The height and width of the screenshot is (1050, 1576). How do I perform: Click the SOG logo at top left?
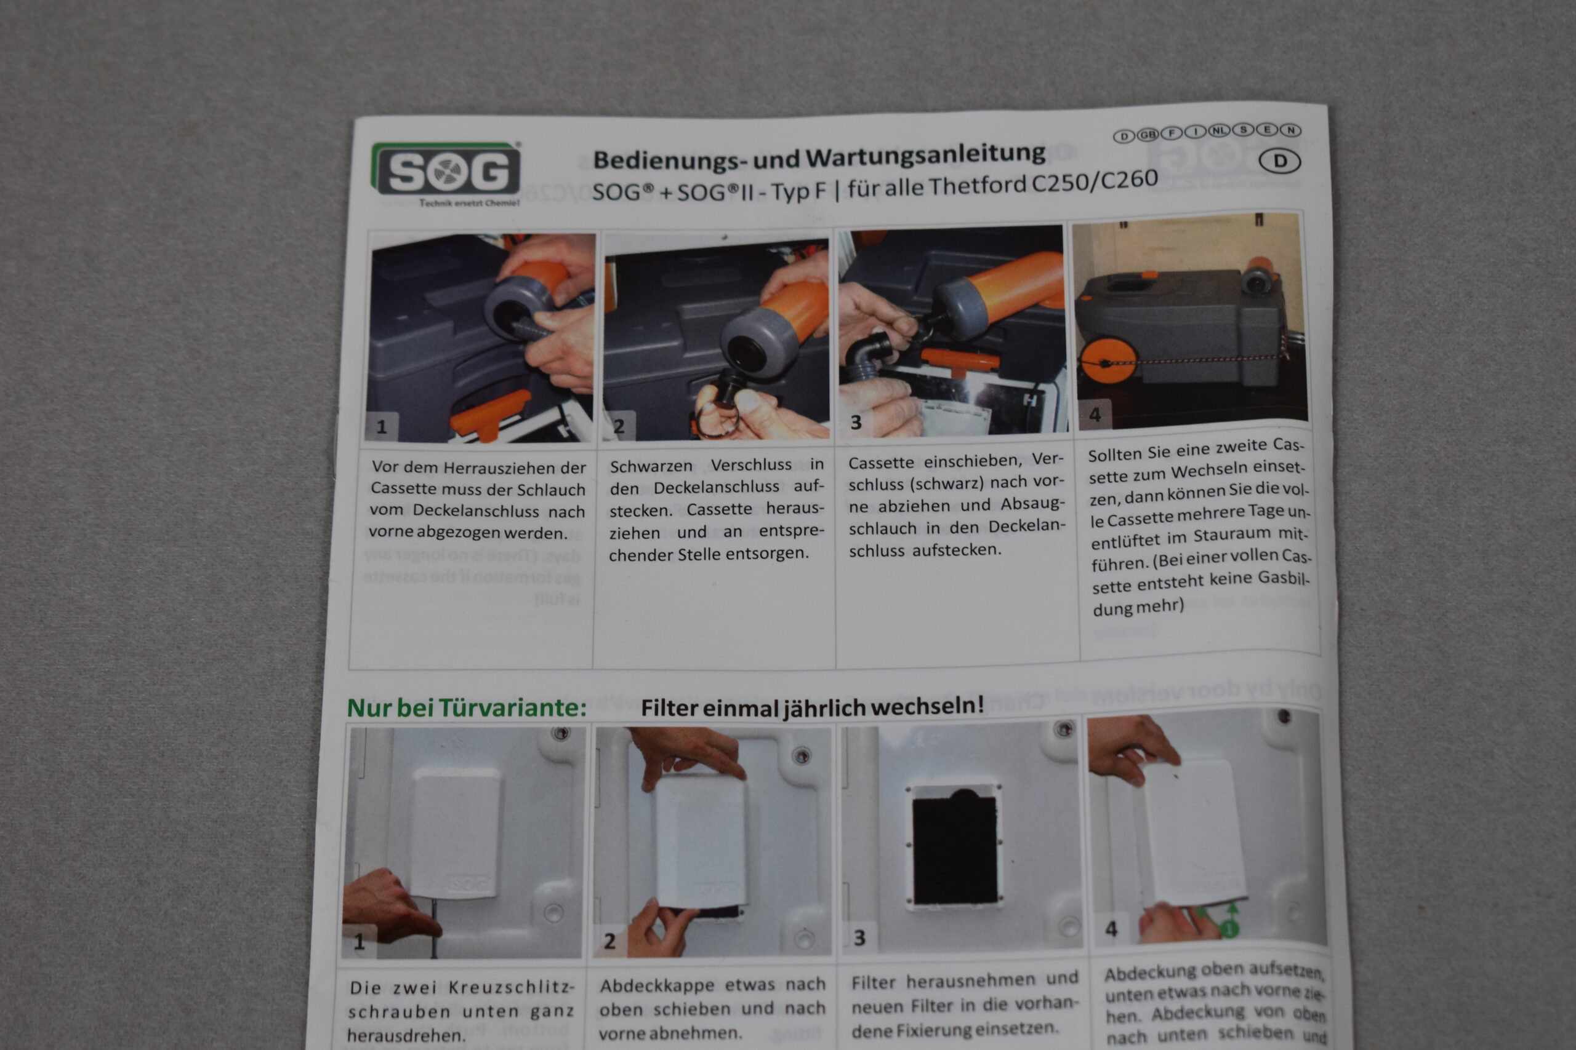[x=446, y=172]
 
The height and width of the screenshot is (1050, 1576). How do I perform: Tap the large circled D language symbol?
[x=1280, y=161]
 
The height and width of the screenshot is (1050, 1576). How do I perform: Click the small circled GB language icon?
[x=1148, y=135]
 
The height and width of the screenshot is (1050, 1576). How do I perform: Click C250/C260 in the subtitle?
[x=1093, y=181]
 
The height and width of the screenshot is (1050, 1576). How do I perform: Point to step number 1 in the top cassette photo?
[x=381, y=426]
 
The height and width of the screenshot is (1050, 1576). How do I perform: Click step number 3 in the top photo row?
[x=856, y=423]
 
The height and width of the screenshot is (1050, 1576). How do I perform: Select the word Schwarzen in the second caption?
[x=651, y=466]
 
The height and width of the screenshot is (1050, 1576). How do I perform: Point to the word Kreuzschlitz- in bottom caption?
[x=511, y=988]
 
